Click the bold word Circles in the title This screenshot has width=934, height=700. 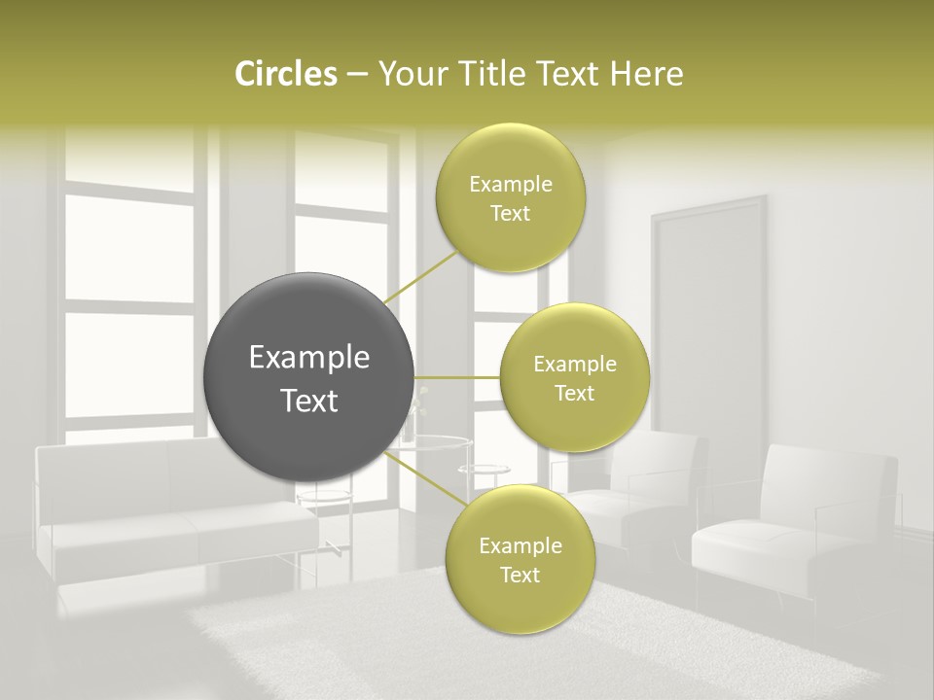[x=286, y=74]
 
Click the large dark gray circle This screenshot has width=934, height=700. [x=309, y=377]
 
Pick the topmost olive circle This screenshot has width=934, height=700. [x=510, y=197]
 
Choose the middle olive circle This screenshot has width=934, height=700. [x=574, y=377]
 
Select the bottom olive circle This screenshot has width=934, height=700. [x=520, y=559]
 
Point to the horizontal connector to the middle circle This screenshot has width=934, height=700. [x=456, y=377]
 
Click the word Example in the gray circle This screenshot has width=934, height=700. [x=309, y=358]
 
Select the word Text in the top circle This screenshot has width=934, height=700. [x=510, y=214]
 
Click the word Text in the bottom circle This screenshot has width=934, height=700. [x=520, y=576]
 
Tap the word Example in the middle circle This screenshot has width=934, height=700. [x=574, y=365]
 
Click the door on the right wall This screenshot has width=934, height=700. [x=708, y=311]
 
